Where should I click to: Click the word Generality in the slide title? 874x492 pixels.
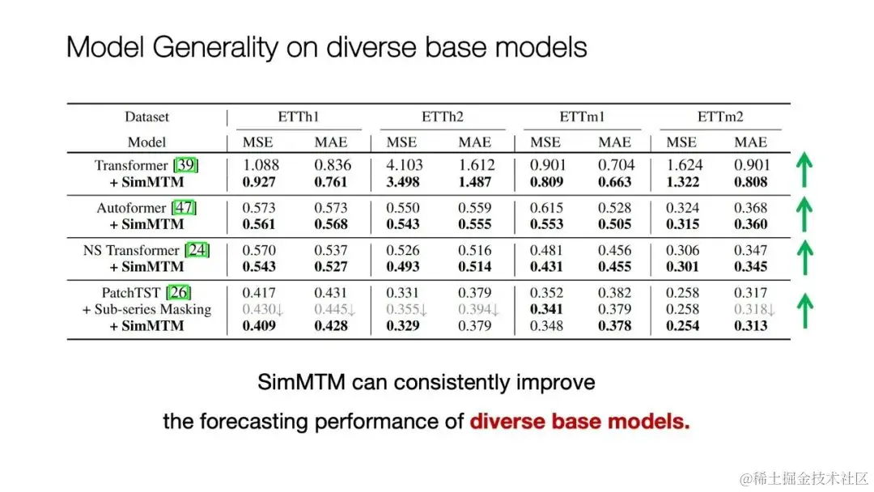pos(214,48)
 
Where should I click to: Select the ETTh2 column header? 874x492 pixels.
pos(443,117)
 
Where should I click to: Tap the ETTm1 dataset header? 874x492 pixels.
pos(582,117)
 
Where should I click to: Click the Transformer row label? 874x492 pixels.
pos(131,166)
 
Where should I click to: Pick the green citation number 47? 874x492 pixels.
pos(184,208)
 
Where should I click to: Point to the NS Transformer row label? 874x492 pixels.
pos(131,250)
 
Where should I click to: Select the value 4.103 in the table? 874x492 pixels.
pos(405,166)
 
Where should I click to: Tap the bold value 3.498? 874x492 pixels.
pos(403,182)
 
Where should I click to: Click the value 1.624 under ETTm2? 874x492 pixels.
pos(684,166)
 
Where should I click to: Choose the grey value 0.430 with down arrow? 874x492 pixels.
pos(263,309)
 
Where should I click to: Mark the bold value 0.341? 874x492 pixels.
pos(547,309)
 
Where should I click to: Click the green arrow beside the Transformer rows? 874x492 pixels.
pos(804,169)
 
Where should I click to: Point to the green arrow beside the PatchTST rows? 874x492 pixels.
pos(805,311)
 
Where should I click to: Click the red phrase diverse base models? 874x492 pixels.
pos(579,422)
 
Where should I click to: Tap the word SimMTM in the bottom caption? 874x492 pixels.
pos(302,382)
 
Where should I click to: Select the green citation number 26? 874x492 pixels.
pos(178,292)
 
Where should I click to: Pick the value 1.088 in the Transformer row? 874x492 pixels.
pos(261,166)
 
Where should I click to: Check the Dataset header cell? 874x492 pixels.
pos(146,117)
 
